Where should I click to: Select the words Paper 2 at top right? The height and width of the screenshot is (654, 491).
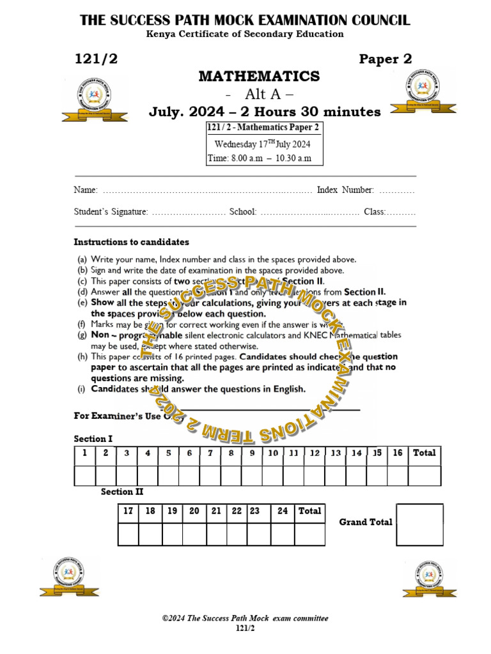point(385,59)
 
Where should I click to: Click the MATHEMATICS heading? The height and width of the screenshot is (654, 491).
point(259,77)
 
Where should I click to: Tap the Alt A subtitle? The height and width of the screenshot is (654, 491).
point(260,95)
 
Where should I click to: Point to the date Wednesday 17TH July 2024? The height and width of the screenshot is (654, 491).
point(262,144)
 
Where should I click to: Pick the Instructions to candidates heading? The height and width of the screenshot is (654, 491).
point(131,243)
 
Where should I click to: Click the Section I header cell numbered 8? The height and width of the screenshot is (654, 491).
point(231,453)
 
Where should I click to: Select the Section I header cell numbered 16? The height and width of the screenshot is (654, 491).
point(398,453)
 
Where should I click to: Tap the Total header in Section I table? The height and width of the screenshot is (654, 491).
point(425,453)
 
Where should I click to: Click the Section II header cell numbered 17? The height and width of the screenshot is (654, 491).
point(128,512)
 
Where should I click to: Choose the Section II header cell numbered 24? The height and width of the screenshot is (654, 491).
point(283,512)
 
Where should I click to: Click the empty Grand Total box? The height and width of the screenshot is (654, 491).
point(419,525)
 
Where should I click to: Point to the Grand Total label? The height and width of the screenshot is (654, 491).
point(366,522)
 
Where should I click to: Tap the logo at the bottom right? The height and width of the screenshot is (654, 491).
point(430,578)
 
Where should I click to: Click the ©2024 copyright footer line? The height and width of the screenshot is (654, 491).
point(245,618)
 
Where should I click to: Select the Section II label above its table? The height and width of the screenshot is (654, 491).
point(122,492)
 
